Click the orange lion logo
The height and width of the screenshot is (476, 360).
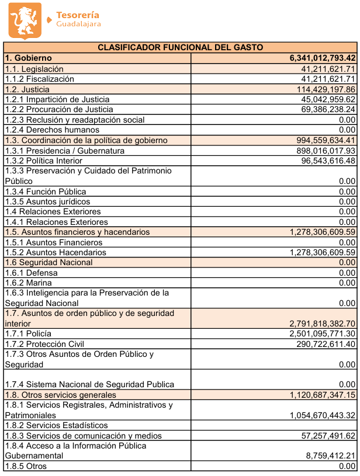pos(25,20)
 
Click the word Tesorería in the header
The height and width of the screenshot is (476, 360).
pos(78,15)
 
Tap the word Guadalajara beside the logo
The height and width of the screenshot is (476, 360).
pos(79,25)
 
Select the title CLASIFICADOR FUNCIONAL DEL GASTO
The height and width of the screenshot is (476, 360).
pos(180,47)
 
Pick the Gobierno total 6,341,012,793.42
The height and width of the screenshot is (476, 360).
pos(323,58)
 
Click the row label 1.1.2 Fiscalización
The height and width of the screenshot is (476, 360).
pos(40,79)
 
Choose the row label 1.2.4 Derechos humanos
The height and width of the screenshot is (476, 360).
pos(52,130)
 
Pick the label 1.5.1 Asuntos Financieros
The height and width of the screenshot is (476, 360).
pos(54,242)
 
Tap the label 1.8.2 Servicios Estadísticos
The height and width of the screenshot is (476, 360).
pos(57,425)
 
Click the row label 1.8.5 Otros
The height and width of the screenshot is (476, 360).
pos(26,466)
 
